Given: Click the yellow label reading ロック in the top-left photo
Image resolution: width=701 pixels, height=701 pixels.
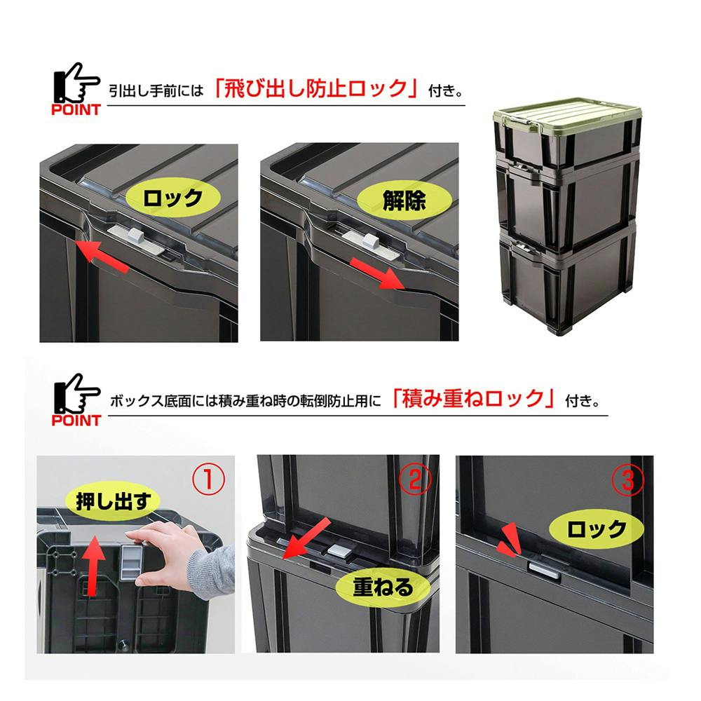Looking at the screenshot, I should (x=173, y=198).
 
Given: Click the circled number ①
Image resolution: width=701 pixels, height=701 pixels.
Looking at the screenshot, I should (x=208, y=481).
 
